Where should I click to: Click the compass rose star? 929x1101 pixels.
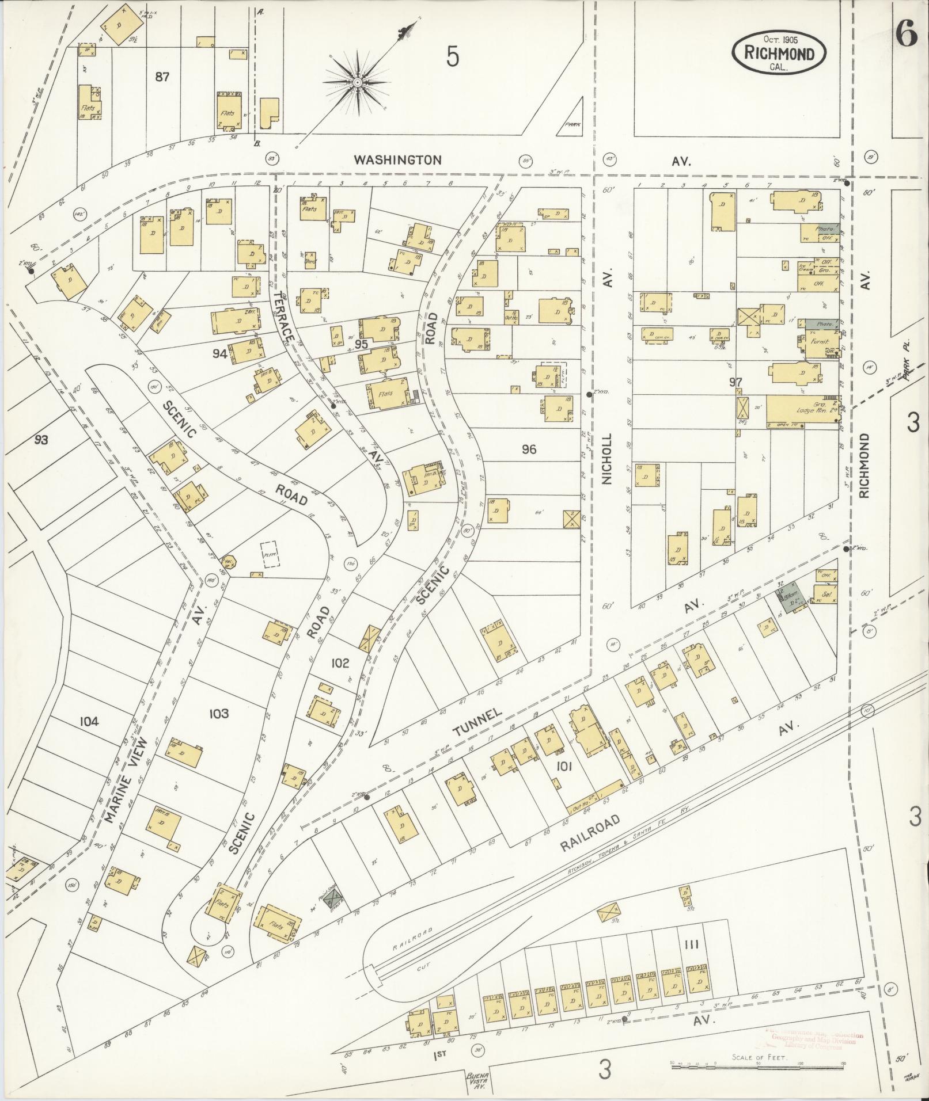tap(357, 83)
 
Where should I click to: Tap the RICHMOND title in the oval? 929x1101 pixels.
tap(779, 54)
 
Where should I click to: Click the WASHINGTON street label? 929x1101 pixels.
tap(397, 159)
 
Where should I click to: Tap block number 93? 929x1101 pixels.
tap(41, 440)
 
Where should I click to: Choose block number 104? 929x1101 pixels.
tap(89, 721)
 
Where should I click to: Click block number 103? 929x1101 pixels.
tap(219, 714)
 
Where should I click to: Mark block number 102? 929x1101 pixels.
tap(340, 663)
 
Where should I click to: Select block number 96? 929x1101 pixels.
tap(529, 449)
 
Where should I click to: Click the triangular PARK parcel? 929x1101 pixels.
tap(571, 119)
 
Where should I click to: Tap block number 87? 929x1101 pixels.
tap(162, 76)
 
